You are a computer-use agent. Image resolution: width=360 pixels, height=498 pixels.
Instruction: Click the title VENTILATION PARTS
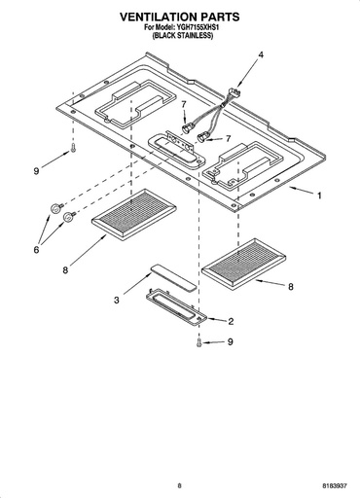coord(180,17)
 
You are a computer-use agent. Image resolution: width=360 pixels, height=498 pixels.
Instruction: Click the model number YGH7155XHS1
coord(198,27)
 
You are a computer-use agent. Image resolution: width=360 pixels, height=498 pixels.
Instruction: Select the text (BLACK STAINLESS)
coord(183,36)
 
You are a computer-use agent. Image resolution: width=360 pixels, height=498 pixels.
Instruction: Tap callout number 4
coord(261,55)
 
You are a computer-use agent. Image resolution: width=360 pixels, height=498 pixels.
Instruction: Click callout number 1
coord(319,196)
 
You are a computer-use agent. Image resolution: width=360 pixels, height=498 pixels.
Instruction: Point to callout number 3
coord(117,300)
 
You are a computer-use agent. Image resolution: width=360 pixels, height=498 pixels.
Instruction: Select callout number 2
coord(231,321)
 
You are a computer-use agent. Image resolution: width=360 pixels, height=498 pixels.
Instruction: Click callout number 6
coord(36,250)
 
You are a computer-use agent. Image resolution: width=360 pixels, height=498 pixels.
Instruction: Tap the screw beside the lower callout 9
coord(199,342)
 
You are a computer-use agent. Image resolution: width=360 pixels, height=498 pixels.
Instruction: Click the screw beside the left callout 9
coord(73,148)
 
